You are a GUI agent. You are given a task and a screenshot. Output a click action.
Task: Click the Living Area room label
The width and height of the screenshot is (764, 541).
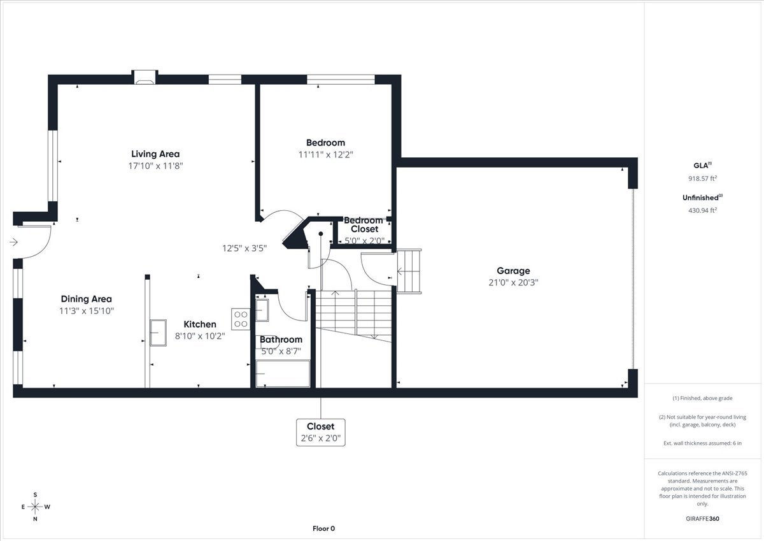pos(155,154)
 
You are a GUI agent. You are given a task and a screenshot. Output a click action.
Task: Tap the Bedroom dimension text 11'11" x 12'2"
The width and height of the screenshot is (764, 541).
pos(325,154)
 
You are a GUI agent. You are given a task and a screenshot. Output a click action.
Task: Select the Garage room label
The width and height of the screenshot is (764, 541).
pos(513,271)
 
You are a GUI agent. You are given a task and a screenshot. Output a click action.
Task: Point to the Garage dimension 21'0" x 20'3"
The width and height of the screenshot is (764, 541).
pos(513,282)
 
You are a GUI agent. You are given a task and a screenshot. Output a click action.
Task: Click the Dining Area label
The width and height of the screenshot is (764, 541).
pos(87,299)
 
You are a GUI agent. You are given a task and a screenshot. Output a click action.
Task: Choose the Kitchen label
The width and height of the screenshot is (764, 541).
pos(200,324)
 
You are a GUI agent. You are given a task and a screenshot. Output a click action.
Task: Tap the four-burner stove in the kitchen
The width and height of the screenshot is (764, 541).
pos(241,319)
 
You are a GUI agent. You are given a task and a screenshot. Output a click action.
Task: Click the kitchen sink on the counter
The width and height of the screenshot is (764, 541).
pos(158,332)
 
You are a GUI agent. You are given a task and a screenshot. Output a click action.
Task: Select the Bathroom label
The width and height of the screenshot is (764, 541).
pos(281,340)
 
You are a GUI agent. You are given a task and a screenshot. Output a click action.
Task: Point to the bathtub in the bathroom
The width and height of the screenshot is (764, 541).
pos(283,373)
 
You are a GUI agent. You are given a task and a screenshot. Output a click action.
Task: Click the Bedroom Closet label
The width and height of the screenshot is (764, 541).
pos(364,224)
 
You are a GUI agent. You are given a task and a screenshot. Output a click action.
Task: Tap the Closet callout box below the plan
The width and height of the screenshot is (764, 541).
pos(321,432)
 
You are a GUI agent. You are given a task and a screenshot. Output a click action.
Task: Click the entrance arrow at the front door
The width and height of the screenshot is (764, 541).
pos(14,242)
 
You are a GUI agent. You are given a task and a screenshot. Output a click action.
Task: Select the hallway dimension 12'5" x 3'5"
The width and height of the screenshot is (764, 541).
pos(244,248)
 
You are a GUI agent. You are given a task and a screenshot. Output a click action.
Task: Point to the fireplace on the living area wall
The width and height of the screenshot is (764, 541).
pos(145,77)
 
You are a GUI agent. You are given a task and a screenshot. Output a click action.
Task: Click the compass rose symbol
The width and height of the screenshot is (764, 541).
pos(35,507)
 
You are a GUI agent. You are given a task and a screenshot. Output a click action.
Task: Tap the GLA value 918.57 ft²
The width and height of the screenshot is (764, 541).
pos(698,178)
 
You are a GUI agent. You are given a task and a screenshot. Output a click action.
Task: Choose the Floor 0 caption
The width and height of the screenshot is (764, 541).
pos(323,528)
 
